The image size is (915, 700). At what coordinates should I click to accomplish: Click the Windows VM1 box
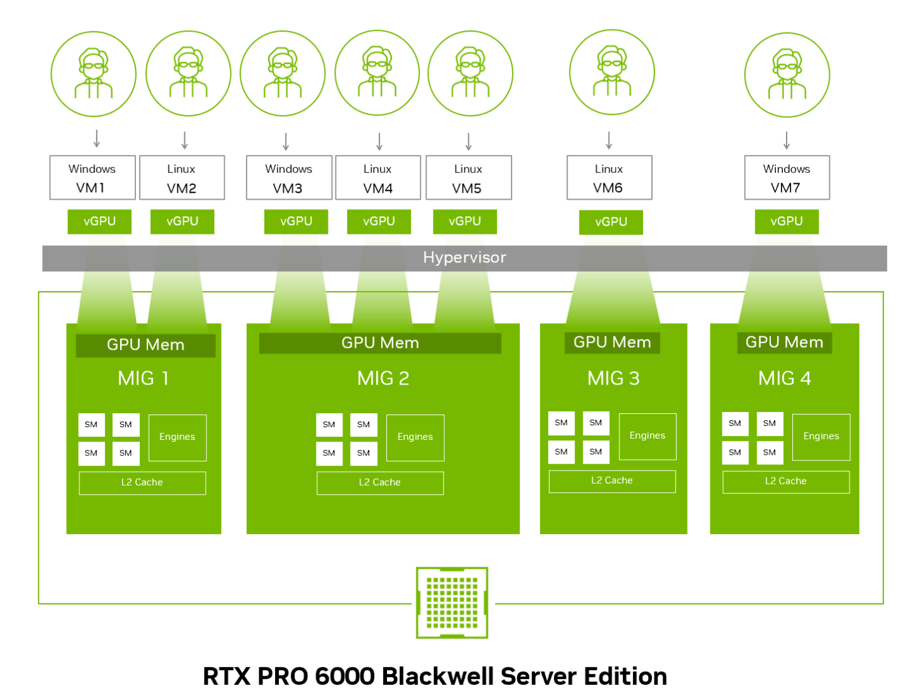(93, 178)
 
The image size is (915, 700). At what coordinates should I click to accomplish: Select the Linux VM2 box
(182, 178)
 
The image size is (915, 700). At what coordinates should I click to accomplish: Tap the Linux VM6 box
(609, 178)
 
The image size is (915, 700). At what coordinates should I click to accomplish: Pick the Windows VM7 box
(787, 178)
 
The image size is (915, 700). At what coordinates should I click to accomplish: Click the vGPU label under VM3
(296, 221)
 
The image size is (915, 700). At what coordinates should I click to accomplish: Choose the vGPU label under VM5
(464, 221)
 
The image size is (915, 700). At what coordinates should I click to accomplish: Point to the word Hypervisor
(464, 257)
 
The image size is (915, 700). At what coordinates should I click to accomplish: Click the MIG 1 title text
(144, 378)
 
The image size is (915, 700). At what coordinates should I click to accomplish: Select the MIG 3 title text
(613, 378)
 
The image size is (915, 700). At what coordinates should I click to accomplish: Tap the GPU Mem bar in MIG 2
(380, 343)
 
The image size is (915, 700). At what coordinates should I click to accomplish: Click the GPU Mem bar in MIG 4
(784, 343)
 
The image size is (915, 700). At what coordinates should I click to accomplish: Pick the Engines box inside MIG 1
(177, 437)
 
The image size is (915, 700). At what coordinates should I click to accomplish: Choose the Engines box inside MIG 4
(821, 437)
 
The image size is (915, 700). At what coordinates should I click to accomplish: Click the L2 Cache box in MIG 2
(380, 483)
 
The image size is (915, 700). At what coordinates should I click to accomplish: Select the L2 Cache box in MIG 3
(612, 481)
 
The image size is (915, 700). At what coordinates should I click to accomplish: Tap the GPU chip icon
(452, 602)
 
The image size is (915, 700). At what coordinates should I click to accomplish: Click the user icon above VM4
(377, 73)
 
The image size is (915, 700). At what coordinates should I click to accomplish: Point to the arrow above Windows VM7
(787, 141)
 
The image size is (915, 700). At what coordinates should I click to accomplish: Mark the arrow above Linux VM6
(609, 141)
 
